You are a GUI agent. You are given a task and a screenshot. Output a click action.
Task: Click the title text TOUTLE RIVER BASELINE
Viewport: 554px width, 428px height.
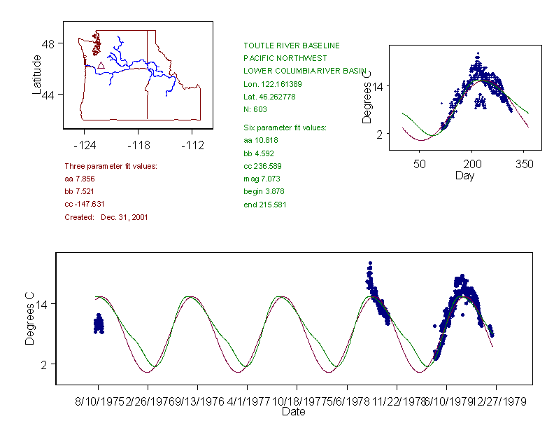pyautogui.click(x=291, y=46)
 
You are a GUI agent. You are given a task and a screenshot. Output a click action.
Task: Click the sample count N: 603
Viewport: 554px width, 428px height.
pyautogui.click(x=255, y=109)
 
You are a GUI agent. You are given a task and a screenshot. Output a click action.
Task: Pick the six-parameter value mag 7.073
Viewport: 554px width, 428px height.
pyautogui.click(x=260, y=179)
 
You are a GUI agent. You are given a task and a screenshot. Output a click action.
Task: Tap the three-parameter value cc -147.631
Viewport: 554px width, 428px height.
pyautogui.click(x=84, y=204)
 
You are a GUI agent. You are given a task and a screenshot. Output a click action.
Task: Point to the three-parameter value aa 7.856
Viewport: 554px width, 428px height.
pyautogui.click(x=79, y=179)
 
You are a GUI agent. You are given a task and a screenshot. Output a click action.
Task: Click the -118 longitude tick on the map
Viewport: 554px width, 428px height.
pyautogui.click(x=138, y=146)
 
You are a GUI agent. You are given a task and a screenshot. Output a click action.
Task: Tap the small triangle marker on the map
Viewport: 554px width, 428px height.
pyautogui.click(x=101, y=65)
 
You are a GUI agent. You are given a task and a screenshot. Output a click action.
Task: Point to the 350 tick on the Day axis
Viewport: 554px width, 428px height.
pyautogui.click(x=525, y=164)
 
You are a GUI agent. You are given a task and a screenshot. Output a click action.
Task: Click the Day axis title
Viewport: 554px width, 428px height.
pyautogui.click(x=464, y=175)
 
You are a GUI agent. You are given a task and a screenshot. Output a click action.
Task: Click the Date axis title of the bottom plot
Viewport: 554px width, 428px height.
pyautogui.click(x=293, y=412)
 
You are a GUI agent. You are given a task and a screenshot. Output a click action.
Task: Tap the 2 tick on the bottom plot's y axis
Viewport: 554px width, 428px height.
pyautogui.click(x=43, y=364)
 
